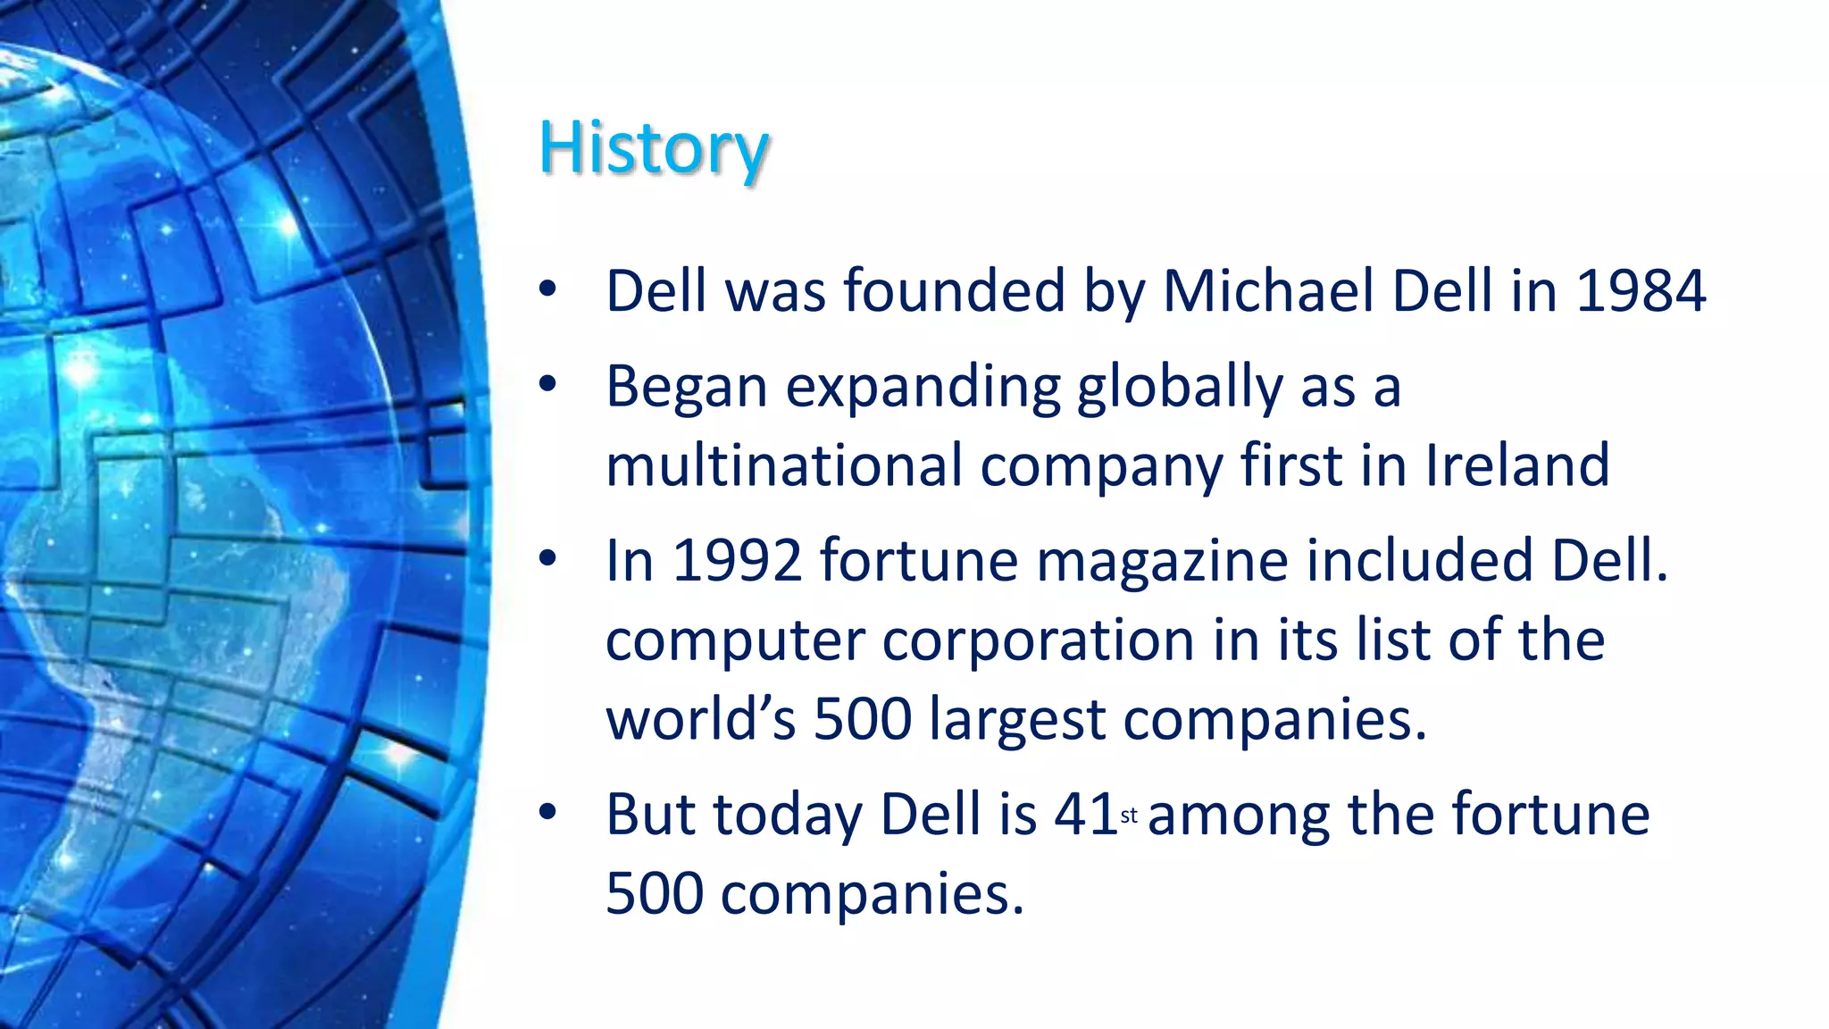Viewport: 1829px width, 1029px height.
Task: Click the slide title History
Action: pyautogui.click(x=654, y=149)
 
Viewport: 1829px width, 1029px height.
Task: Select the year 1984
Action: pyautogui.click(x=1641, y=291)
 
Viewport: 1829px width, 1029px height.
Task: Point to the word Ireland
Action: pyautogui.click(x=1517, y=465)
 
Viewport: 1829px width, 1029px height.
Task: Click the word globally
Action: pyautogui.click(x=1179, y=389)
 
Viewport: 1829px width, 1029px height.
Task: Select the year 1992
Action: pyautogui.click(x=737, y=561)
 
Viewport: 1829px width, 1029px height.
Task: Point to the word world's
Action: pyautogui.click(x=700, y=719)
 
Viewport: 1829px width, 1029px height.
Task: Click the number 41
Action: pyautogui.click(x=1085, y=815)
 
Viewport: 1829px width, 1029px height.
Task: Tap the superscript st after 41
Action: pyautogui.click(x=1129, y=816)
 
